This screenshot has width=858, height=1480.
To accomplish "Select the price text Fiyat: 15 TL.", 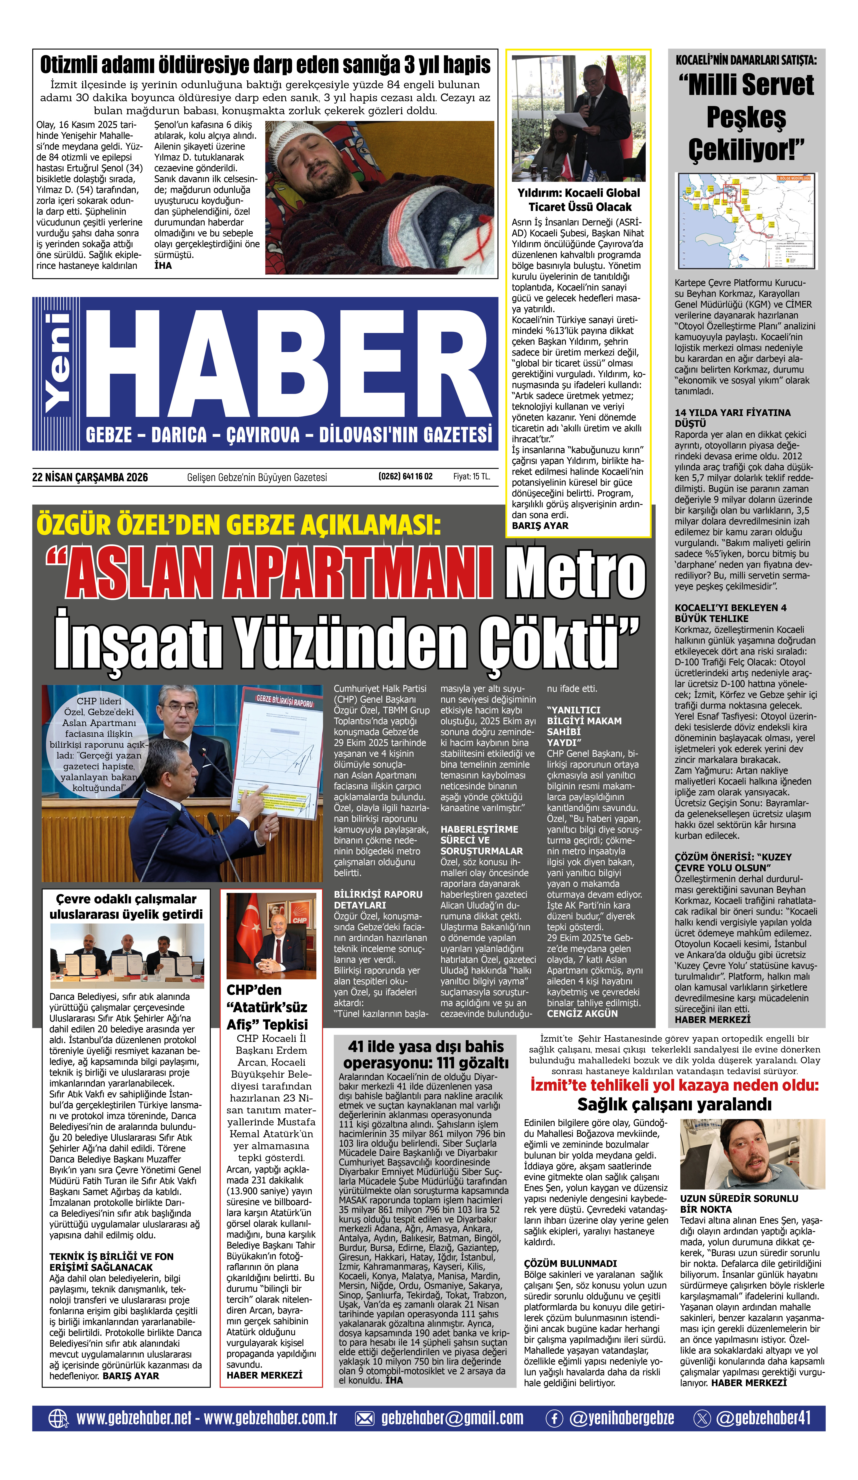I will click(x=471, y=476).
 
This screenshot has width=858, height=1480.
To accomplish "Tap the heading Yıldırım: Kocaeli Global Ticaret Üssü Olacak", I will click(x=579, y=200).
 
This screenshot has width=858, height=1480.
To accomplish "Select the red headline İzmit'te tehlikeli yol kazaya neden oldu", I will click(x=674, y=1085).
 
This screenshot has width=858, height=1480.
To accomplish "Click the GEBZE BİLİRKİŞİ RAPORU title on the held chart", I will click(x=284, y=701).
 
